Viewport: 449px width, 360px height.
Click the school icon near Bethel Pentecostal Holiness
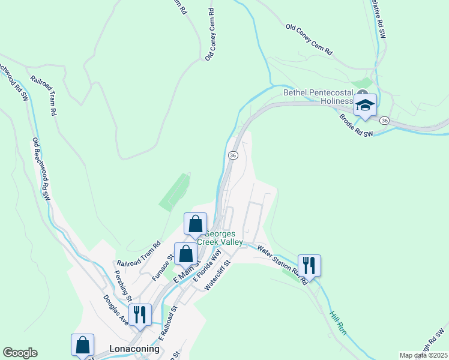tap(364, 105)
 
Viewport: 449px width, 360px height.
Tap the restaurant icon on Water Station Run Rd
tap(309, 265)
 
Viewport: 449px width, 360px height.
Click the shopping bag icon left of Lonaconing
tap(82, 345)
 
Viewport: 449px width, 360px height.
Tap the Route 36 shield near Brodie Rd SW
tap(385, 121)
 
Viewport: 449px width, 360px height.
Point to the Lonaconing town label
tap(135, 349)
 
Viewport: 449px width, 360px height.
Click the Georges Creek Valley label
tap(223, 238)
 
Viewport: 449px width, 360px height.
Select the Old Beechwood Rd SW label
tap(41, 169)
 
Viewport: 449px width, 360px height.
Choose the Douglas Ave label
tap(115, 310)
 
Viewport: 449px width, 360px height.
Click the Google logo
tap(20, 353)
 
